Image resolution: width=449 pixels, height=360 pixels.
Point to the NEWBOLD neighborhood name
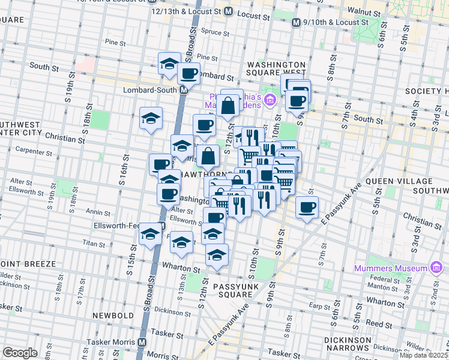coord(112,315)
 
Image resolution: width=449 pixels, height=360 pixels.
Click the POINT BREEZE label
coord(28,263)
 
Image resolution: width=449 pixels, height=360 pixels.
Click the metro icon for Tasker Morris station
coord(142,342)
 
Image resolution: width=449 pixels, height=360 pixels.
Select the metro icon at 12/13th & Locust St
coord(228,11)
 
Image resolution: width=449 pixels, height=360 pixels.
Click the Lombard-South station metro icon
coord(184,89)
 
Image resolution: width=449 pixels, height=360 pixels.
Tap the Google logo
coord(20,353)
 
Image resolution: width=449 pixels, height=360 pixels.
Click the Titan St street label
coord(94,244)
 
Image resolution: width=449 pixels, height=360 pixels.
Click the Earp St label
coord(316,306)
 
